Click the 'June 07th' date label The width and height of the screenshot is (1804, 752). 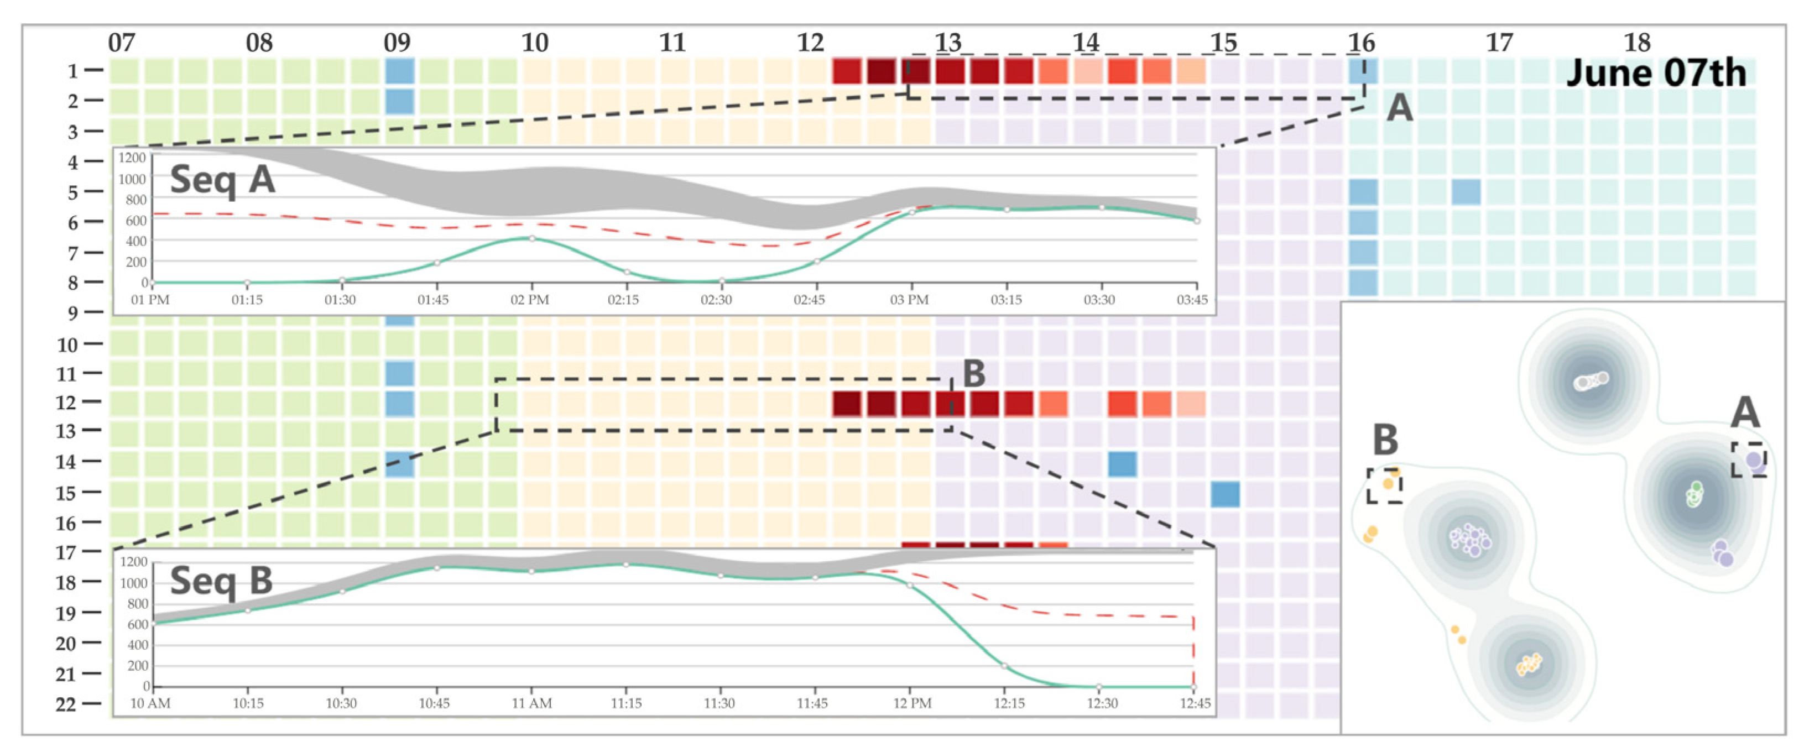click(x=1656, y=73)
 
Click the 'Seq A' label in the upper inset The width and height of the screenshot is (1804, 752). click(x=222, y=180)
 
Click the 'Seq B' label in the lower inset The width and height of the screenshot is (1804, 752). click(x=221, y=581)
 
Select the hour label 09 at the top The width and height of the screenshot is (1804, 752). click(x=397, y=43)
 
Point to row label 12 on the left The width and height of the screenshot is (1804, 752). click(x=67, y=403)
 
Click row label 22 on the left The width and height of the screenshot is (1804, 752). click(x=66, y=704)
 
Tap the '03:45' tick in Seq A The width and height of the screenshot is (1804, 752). click(x=1192, y=300)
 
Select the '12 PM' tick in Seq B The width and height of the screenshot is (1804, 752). click(x=912, y=703)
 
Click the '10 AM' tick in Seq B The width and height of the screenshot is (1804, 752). click(x=150, y=703)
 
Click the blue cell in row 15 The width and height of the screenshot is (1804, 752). click(x=1225, y=494)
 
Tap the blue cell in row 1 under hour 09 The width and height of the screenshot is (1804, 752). click(x=400, y=71)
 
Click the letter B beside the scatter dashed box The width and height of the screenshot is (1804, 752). click(x=1384, y=440)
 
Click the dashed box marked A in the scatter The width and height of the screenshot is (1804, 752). click(x=1748, y=460)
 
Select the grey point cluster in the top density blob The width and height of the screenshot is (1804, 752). click(x=1591, y=381)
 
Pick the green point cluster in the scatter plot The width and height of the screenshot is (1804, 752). click(x=1694, y=494)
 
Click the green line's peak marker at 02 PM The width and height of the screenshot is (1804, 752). click(x=532, y=239)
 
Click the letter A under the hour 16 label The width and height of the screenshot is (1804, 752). click(x=1399, y=108)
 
